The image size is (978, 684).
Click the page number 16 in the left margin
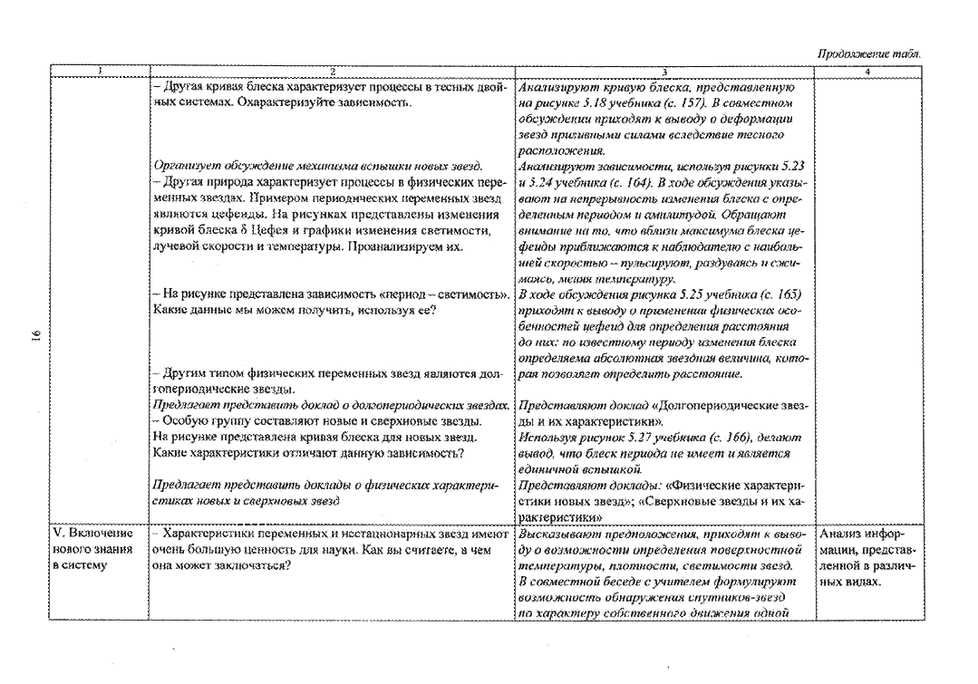click(37, 335)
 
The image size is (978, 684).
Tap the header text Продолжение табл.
click(869, 54)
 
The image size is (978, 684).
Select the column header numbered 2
click(333, 72)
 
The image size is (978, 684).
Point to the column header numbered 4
click(867, 72)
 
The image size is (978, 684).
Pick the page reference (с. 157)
click(681, 103)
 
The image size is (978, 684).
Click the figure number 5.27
click(635, 438)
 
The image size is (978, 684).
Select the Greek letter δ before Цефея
click(244, 231)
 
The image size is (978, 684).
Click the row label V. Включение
click(93, 534)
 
